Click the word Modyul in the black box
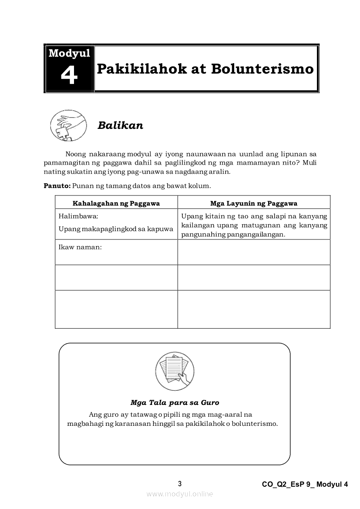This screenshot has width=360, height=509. click(x=69, y=54)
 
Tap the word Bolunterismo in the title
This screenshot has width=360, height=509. click(x=262, y=69)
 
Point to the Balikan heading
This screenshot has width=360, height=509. click(x=120, y=125)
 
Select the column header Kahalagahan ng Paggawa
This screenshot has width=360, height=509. click(x=116, y=203)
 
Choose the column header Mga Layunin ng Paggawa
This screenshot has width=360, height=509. click(x=254, y=203)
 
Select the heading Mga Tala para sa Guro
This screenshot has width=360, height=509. click(x=175, y=402)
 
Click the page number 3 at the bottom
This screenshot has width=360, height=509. click(x=180, y=484)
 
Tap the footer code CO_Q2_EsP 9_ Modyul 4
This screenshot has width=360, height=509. click(x=305, y=484)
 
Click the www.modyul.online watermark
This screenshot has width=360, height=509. click(x=180, y=494)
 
